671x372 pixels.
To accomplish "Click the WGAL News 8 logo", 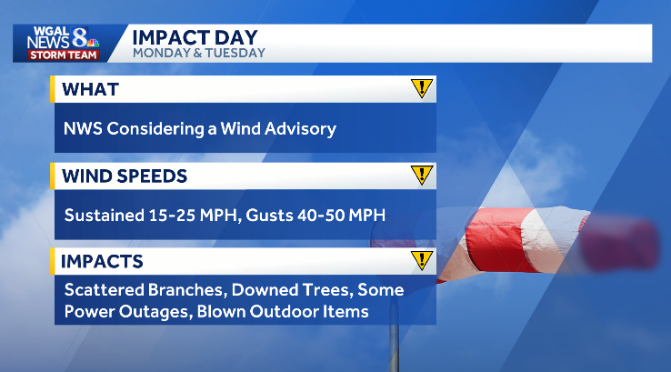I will [x=62, y=37].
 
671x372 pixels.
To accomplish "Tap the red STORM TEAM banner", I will [x=59, y=55].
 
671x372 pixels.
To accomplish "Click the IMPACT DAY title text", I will [x=195, y=37].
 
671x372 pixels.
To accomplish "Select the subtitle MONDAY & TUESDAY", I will [x=199, y=53].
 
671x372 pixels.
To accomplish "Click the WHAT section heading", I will [x=90, y=89].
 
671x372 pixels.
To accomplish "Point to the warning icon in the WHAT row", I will [x=420, y=88].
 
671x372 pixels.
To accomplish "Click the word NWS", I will [x=83, y=128].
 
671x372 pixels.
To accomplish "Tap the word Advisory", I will [x=299, y=128].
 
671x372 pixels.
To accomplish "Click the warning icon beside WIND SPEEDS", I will [x=420, y=175].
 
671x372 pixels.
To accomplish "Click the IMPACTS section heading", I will [x=101, y=262].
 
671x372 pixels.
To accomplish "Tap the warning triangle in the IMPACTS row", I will [x=420, y=261].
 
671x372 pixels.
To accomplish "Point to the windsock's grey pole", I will [x=394, y=346].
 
